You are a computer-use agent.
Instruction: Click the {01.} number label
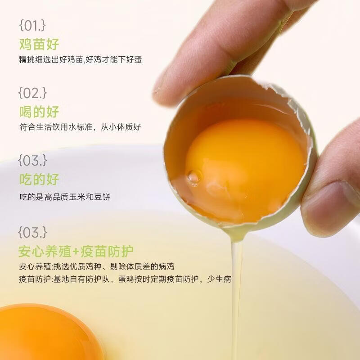(x=33, y=25)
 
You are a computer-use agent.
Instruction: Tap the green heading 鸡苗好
(x=39, y=45)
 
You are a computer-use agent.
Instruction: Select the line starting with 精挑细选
(x=81, y=59)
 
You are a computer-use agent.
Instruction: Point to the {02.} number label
(x=33, y=93)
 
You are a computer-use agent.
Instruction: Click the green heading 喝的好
(x=39, y=112)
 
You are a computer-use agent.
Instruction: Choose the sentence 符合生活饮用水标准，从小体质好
(x=81, y=127)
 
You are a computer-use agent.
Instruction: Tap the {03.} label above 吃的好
(x=33, y=160)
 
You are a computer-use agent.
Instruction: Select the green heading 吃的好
(x=39, y=180)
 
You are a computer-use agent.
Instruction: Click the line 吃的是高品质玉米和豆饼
(x=65, y=197)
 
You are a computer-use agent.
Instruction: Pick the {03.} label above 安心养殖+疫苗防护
(x=33, y=232)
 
